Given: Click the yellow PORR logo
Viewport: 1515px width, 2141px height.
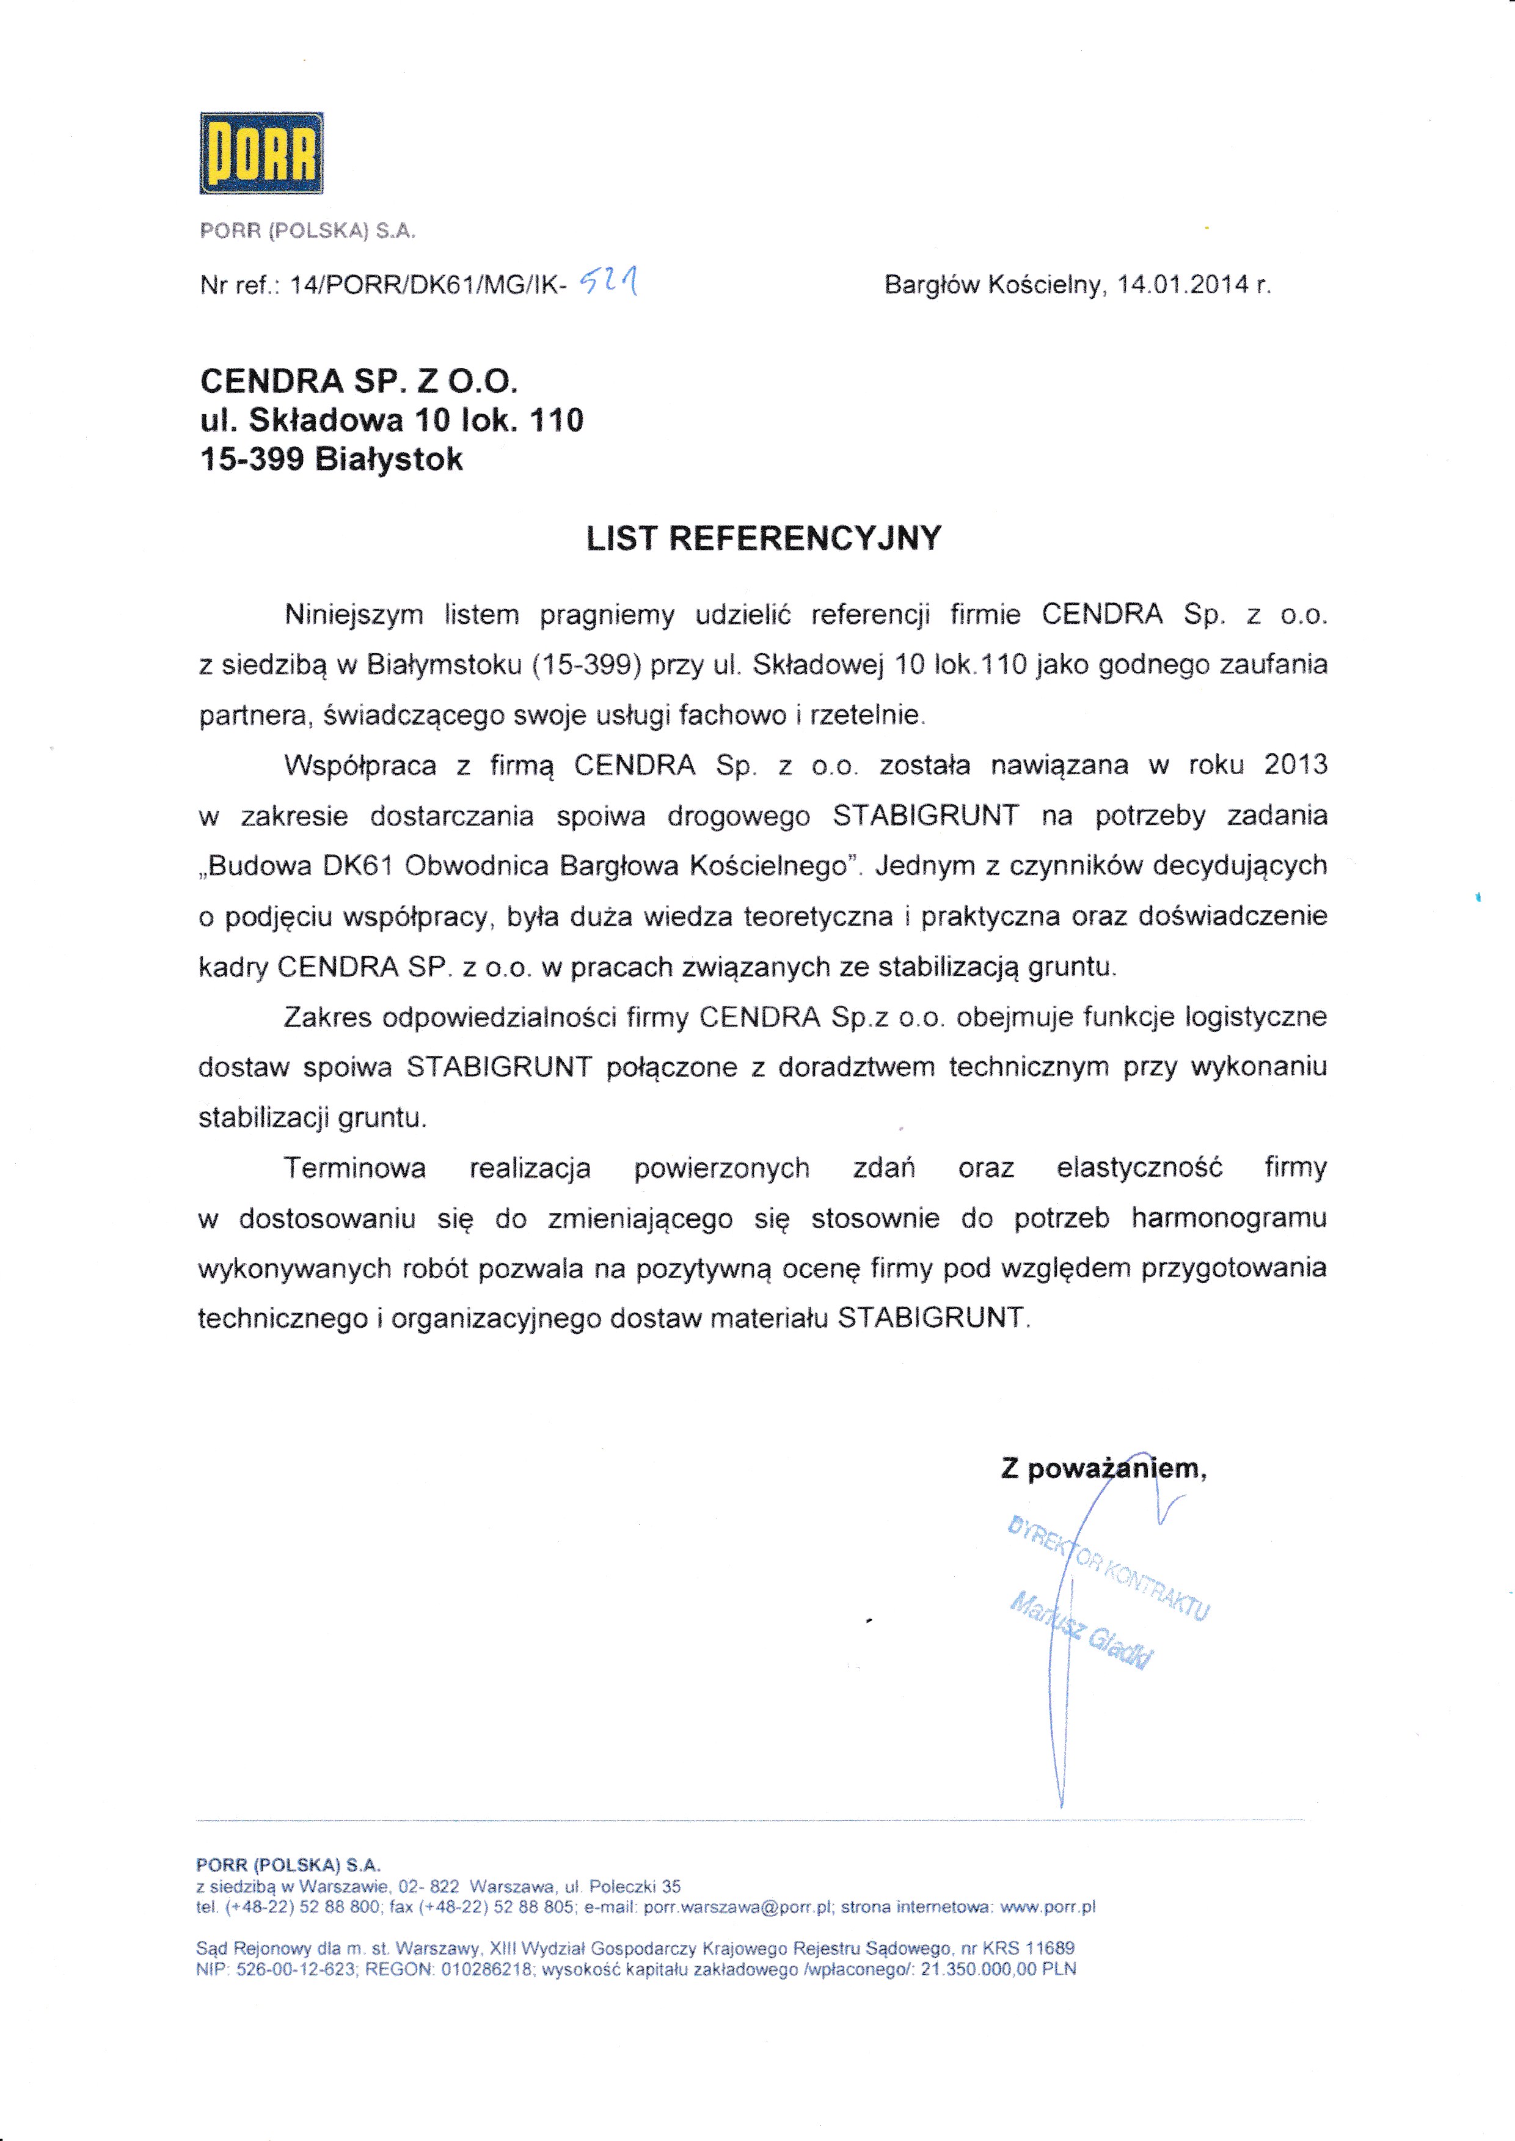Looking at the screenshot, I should pyautogui.click(x=261, y=153).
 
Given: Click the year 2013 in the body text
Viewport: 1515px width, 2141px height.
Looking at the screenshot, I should pyautogui.click(x=1295, y=765).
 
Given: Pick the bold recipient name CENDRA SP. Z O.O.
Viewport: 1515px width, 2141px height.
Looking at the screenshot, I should pyautogui.click(x=358, y=381).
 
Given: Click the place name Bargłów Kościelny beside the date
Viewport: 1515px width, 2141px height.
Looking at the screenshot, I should pyautogui.click(x=993, y=285).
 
